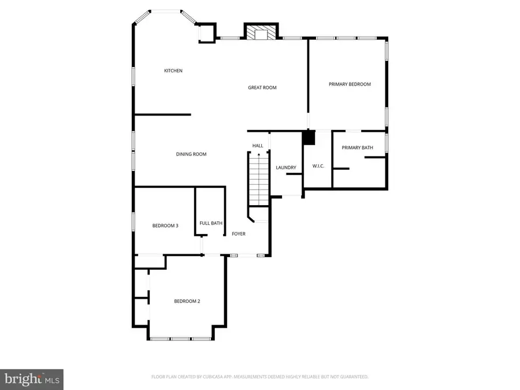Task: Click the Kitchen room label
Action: point(173,70)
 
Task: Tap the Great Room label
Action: point(262,88)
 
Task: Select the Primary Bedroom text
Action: point(350,84)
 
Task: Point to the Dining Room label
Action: point(191,154)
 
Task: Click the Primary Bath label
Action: point(357,148)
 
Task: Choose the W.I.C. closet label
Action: point(318,166)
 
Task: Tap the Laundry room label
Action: point(285,168)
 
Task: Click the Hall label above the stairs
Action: point(258,146)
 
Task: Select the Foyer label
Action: point(239,234)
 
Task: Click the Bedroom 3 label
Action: point(165,225)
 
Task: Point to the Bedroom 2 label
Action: point(187,301)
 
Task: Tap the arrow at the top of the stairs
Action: point(258,155)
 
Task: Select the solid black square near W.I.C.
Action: point(309,138)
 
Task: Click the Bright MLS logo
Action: point(32,379)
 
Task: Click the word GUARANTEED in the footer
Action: point(352,377)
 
